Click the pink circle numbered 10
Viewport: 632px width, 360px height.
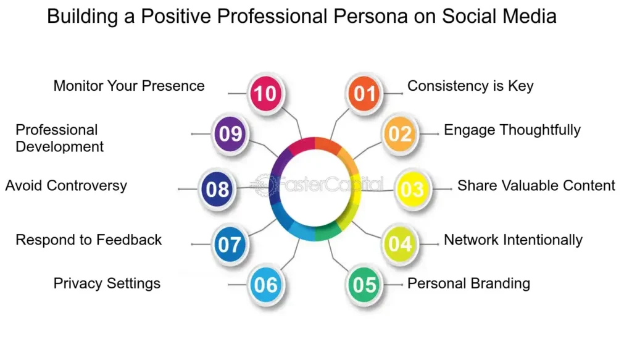coord(265,93)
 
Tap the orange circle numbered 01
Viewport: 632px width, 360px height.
coord(364,93)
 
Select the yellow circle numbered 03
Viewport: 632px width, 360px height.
coord(412,189)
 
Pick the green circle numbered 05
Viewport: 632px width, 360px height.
coord(364,285)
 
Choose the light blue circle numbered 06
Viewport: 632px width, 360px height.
coord(265,285)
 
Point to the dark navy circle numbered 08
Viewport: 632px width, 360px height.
coord(217,189)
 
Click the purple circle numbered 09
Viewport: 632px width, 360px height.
coord(230,134)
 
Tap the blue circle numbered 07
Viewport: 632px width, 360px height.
coord(230,245)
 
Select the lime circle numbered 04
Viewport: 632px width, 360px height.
coord(400,245)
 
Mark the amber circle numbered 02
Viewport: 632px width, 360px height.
coord(400,134)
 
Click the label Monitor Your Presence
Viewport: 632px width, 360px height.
coord(129,86)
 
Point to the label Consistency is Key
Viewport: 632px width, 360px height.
coord(470,86)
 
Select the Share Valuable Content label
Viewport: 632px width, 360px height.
coord(536,185)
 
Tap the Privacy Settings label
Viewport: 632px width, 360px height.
coord(107,283)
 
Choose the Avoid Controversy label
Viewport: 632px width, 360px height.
coord(66,185)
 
